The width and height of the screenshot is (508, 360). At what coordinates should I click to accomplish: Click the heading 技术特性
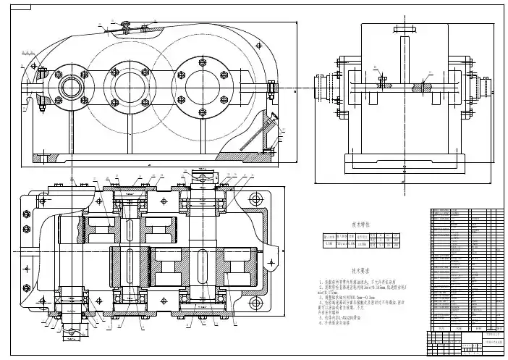pyautogui.click(x=360, y=225)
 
